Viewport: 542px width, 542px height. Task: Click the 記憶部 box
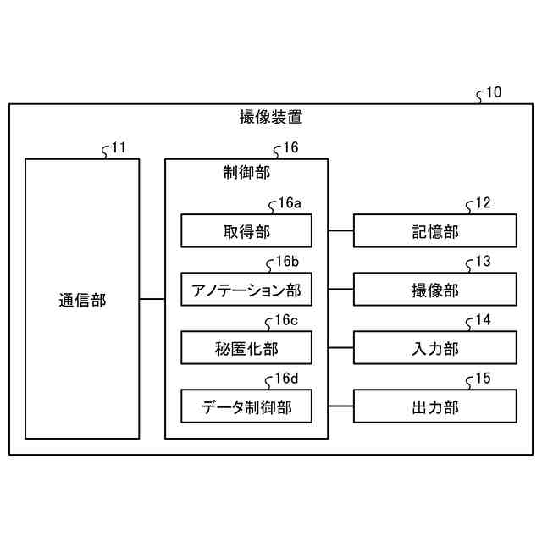[434, 231]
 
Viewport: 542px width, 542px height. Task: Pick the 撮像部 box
[434, 290]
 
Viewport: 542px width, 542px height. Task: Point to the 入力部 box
[434, 348]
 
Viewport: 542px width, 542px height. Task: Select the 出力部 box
[434, 406]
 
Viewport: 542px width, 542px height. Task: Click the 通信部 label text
[82, 299]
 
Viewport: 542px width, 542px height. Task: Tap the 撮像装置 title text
[271, 118]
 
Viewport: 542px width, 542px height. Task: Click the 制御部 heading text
[246, 173]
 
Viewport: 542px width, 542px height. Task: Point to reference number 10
[493, 92]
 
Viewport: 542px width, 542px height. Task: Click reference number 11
[119, 147]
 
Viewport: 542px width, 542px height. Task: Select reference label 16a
[289, 203]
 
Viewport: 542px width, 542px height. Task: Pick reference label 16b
[289, 262]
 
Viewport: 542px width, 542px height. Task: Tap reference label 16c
[289, 320]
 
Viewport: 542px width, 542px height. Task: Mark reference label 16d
[289, 379]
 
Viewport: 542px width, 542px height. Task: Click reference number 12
[483, 203]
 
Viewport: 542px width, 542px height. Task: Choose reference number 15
[483, 379]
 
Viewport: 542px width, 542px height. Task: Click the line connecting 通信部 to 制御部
[152, 299]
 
